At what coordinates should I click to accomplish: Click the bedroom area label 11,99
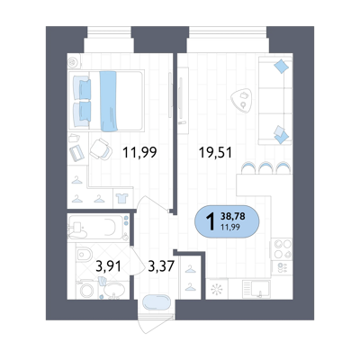click(139, 153)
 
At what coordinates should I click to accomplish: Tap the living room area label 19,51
click(215, 153)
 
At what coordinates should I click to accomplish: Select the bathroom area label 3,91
click(108, 265)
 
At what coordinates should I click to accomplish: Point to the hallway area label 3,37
click(161, 265)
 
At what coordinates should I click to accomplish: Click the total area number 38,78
click(233, 216)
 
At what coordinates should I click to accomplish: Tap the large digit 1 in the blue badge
click(211, 221)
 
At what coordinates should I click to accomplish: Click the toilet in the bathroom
click(85, 254)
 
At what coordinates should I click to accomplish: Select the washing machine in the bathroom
click(87, 291)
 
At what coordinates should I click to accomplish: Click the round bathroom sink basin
click(114, 289)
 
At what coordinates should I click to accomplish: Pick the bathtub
click(96, 226)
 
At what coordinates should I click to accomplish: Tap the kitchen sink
click(256, 289)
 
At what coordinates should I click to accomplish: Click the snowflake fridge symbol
click(217, 290)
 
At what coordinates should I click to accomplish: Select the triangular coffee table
click(241, 101)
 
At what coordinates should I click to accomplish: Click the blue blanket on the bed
click(108, 101)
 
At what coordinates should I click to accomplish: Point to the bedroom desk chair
click(101, 149)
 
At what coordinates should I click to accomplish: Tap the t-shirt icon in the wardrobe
click(122, 198)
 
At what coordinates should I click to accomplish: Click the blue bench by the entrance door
click(157, 302)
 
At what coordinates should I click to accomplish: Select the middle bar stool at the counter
click(265, 167)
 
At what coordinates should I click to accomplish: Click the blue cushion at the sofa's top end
click(282, 67)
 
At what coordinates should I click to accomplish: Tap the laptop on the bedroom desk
click(76, 153)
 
